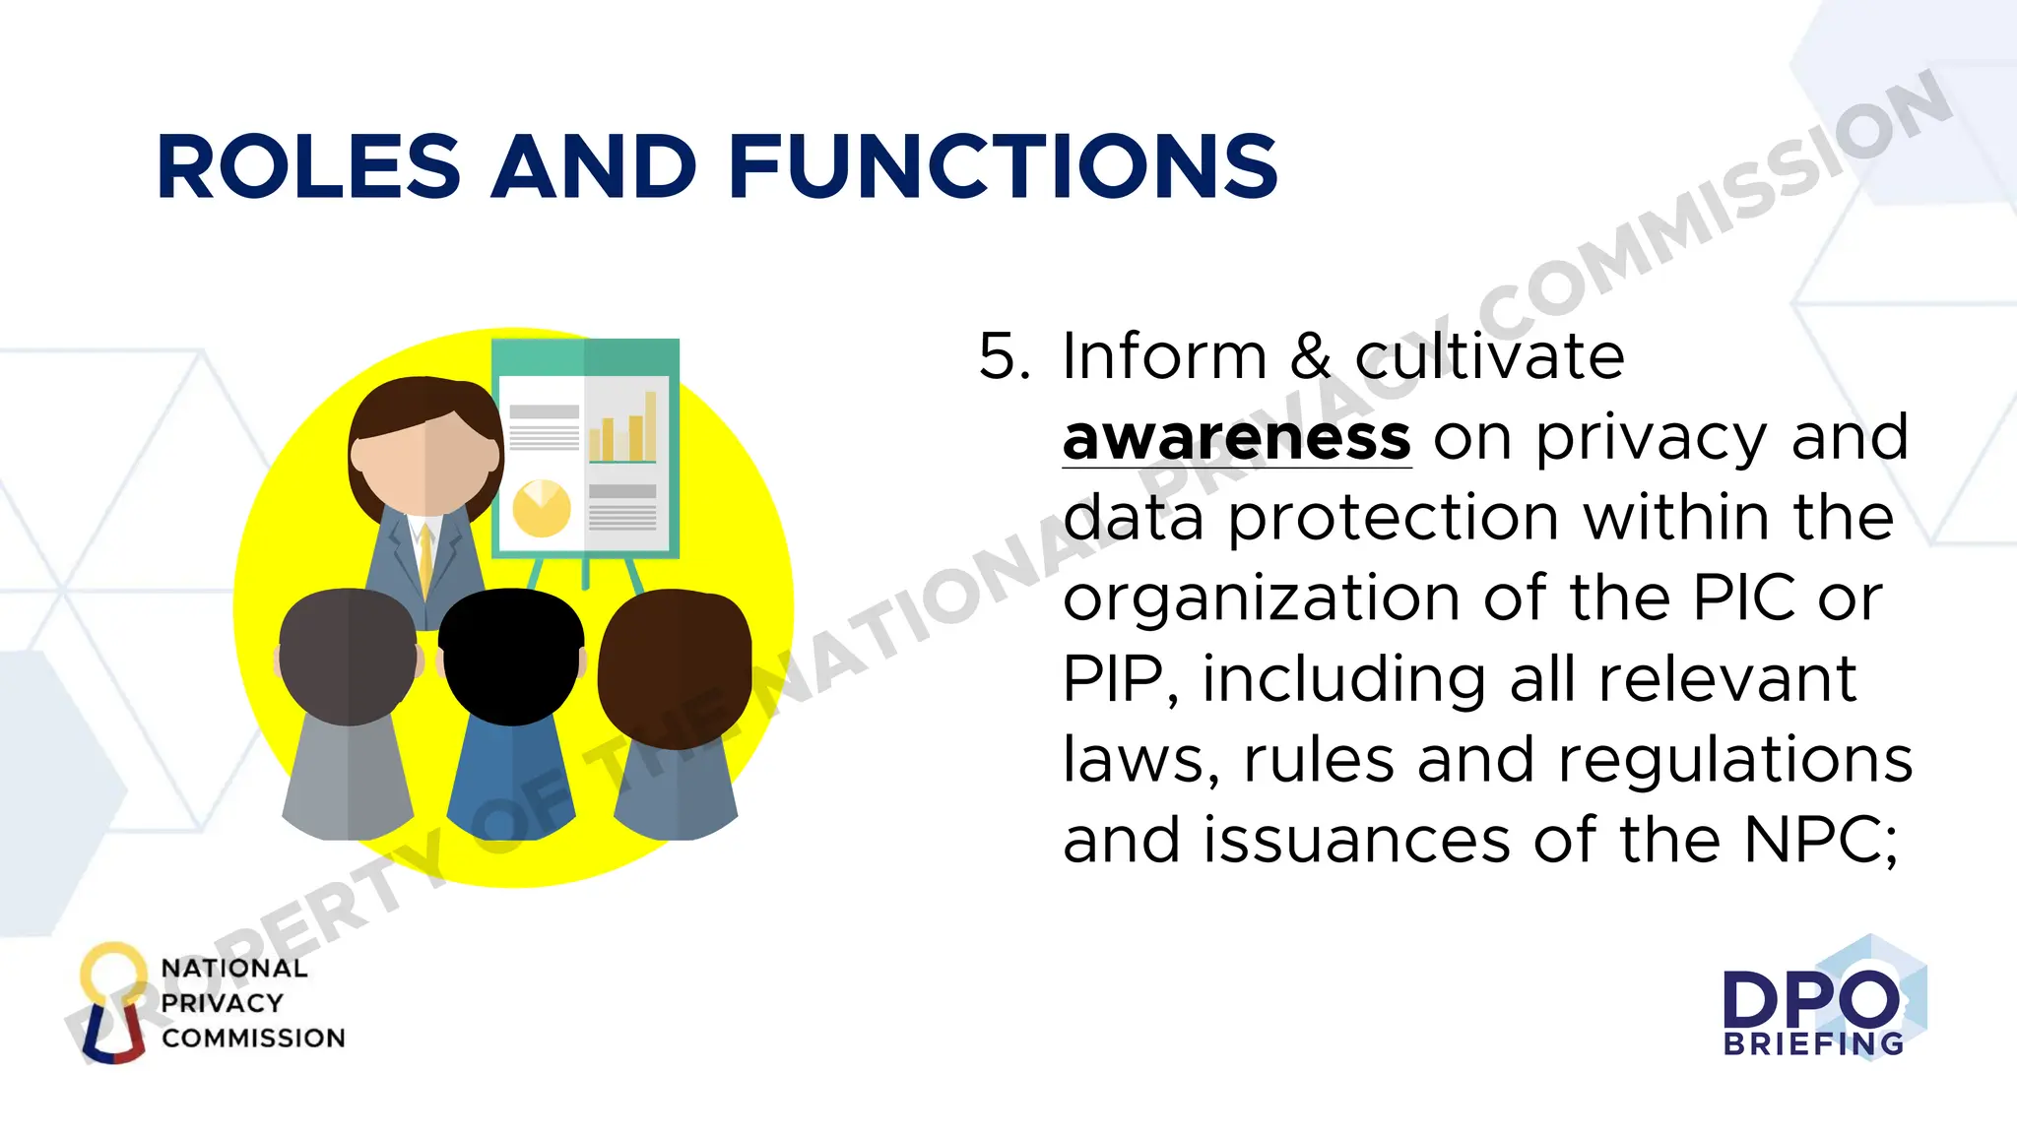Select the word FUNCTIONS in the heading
(1004, 167)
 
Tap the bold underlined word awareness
(1237, 438)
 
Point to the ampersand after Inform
(1310, 356)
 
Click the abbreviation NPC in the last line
(1820, 841)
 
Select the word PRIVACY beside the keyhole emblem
(223, 1003)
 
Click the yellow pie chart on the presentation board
(541, 508)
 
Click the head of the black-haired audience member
(510, 656)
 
